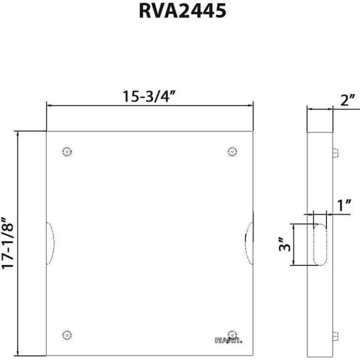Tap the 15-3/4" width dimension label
(x=150, y=96)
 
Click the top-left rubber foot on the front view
(x=66, y=152)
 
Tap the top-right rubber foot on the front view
(x=232, y=152)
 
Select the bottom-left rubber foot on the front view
(x=66, y=335)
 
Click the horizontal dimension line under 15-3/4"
(x=150, y=105)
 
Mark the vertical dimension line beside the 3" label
(x=293, y=245)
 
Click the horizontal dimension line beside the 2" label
(x=319, y=110)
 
